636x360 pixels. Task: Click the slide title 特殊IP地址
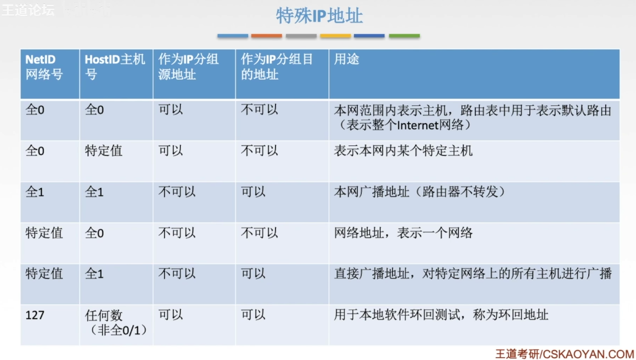(x=319, y=16)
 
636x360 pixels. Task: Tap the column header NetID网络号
(x=44, y=67)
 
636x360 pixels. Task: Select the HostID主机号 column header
(x=115, y=67)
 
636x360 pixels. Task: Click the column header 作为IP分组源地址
(x=189, y=67)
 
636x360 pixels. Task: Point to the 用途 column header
(x=347, y=60)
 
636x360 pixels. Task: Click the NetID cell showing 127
(x=35, y=316)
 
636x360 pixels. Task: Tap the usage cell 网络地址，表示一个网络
(x=403, y=233)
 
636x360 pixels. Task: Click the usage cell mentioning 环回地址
(x=441, y=315)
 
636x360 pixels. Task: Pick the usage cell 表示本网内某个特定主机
(x=403, y=151)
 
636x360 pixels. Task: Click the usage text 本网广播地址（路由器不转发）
(x=420, y=192)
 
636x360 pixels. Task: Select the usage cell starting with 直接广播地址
(x=473, y=274)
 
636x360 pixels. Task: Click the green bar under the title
(x=404, y=36)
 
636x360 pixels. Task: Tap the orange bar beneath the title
(x=267, y=36)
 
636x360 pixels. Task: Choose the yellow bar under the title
(x=335, y=36)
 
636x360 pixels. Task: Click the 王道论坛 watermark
(x=28, y=10)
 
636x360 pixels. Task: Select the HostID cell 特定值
(x=104, y=151)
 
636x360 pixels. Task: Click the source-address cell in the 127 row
(x=170, y=315)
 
